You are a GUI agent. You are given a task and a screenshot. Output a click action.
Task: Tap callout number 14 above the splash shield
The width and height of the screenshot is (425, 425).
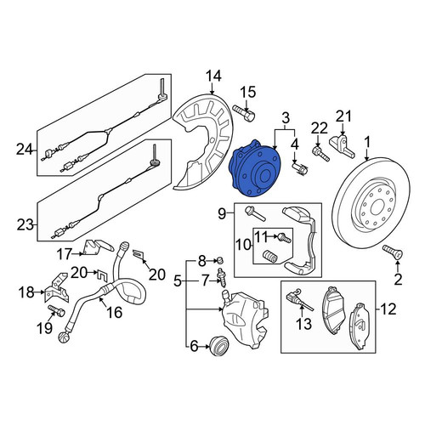pos(213,76)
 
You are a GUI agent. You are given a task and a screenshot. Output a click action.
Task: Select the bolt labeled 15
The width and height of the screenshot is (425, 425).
pos(244,113)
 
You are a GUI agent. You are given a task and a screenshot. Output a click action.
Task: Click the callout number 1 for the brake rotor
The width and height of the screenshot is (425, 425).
pos(367,143)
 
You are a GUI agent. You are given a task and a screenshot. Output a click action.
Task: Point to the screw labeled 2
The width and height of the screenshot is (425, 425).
pos(393,252)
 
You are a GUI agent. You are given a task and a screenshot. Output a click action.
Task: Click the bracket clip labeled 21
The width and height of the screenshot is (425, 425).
pos(342,146)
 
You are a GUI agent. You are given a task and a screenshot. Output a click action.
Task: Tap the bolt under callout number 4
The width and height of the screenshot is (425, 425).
pos(299,168)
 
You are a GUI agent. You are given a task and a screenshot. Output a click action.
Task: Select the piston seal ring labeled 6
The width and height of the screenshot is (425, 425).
pos(218,345)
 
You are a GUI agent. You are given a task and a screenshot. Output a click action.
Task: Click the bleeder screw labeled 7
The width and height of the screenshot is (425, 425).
pos(221,278)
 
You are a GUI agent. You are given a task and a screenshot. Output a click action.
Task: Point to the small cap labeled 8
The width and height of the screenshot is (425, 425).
pos(219,259)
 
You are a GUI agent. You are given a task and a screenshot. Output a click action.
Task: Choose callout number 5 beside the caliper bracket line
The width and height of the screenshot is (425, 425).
pos(177,281)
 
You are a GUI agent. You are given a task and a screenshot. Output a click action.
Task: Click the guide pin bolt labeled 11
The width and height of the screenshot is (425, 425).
pos(284,237)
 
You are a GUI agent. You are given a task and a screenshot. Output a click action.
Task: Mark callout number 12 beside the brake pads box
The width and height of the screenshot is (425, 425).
pos(388,309)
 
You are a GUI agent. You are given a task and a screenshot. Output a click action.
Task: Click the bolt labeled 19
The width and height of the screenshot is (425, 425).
pos(56,311)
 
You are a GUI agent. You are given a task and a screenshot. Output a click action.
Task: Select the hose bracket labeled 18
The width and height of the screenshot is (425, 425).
pos(57,287)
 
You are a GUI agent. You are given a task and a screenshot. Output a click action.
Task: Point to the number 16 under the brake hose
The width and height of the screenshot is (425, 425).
pos(114,312)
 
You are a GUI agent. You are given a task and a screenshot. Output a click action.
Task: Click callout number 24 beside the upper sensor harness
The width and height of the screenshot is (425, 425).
pos(25,150)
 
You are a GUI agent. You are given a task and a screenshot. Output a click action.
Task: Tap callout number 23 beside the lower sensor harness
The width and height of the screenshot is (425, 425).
pos(25,225)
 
